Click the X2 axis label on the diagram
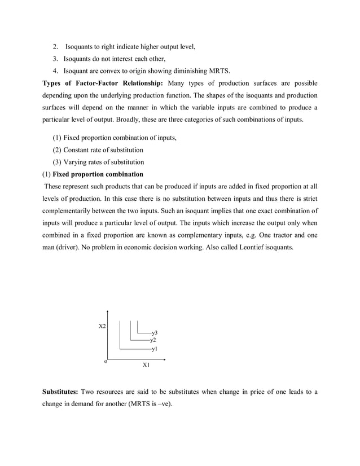102,327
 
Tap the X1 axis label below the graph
146,366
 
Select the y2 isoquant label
153,340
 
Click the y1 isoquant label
154,350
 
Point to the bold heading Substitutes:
60,392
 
